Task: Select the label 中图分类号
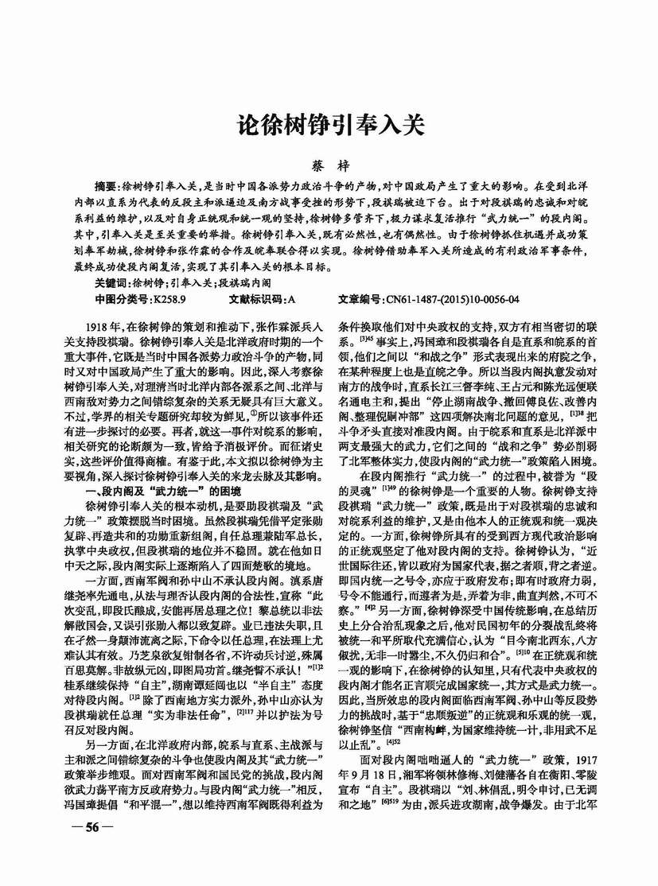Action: coord(122,300)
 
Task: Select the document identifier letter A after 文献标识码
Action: coord(290,300)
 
